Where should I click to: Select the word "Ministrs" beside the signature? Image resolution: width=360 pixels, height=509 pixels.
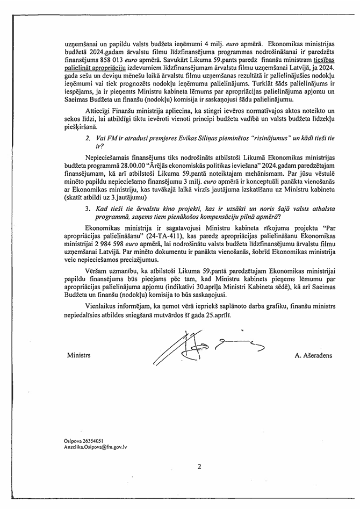coord(78,356)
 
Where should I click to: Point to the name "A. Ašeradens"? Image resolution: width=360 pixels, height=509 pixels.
coord(314,356)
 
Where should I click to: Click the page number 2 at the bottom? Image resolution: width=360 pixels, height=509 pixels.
coord(198,467)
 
